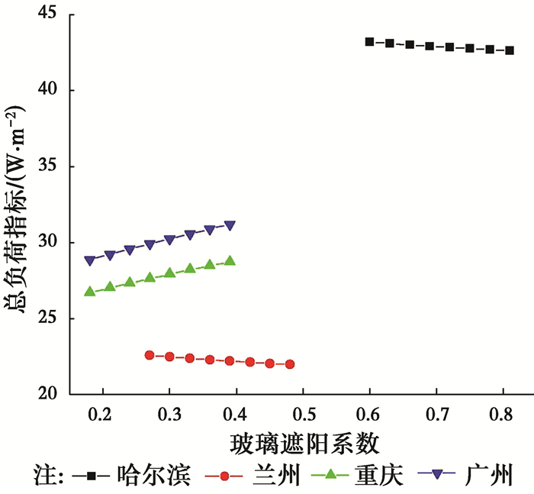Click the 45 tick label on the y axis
(x=47, y=15)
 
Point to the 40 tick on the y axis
(x=47, y=91)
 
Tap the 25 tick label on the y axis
(x=47, y=318)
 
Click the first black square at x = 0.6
(x=370, y=42)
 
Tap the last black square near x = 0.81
(x=510, y=50)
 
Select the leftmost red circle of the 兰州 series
(x=150, y=355)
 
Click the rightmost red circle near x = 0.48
(x=290, y=364)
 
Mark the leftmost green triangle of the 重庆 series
(x=90, y=291)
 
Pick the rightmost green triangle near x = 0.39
(x=230, y=260)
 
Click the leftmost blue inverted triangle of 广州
(x=90, y=260)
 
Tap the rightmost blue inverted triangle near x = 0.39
(x=230, y=226)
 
